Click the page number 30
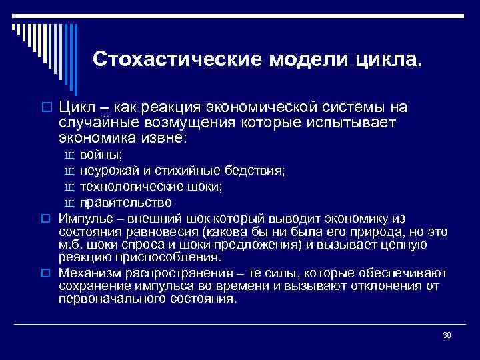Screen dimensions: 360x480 [447, 334]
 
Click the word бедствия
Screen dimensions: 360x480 [259, 171]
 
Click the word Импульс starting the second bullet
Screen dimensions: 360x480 [83, 219]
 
